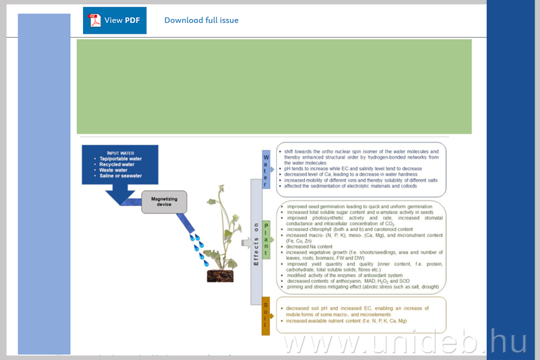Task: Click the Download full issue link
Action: pos(201,20)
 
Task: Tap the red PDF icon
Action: pos(95,20)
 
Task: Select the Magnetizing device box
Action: pos(164,201)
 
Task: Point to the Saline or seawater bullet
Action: pos(121,177)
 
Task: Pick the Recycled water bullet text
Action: pos(119,164)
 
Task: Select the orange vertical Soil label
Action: pos(266,315)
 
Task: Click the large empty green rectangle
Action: pos(274,86)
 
